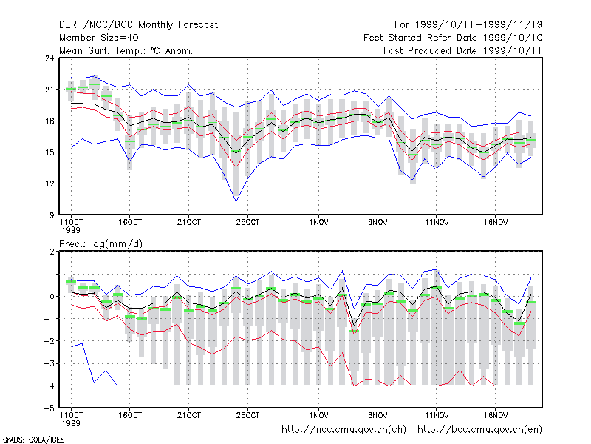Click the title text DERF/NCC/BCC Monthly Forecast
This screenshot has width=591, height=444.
pos(138,25)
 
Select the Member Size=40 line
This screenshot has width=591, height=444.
pos(99,38)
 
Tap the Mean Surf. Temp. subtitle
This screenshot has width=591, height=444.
pos(126,50)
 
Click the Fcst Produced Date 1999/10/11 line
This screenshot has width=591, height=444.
pos(462,50)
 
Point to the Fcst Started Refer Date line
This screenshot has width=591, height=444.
pos(453,38)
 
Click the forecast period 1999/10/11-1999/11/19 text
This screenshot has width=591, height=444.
pos(478,25)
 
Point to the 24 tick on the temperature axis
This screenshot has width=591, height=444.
pos(49,58)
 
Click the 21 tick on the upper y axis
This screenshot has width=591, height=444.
pos(49,90)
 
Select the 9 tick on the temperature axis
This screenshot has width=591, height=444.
pos(51,215)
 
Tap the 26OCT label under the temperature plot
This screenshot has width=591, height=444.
pos(247,223)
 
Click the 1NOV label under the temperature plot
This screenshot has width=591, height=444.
pos(318,223)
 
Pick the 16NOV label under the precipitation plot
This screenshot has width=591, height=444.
pos(495,415)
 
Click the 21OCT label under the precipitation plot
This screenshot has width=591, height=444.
pos(189,415)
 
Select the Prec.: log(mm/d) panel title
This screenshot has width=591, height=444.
pos(100,244)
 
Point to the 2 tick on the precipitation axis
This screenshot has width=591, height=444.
pos(52,252)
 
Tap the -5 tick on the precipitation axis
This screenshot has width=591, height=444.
pos(49,408)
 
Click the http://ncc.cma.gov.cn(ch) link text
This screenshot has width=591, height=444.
pos(344,430)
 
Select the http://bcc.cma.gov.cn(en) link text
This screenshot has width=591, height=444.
pos(479,430)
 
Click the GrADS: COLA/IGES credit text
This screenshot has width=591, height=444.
pos(34,440)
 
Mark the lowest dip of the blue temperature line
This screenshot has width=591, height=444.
pos(236,201)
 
